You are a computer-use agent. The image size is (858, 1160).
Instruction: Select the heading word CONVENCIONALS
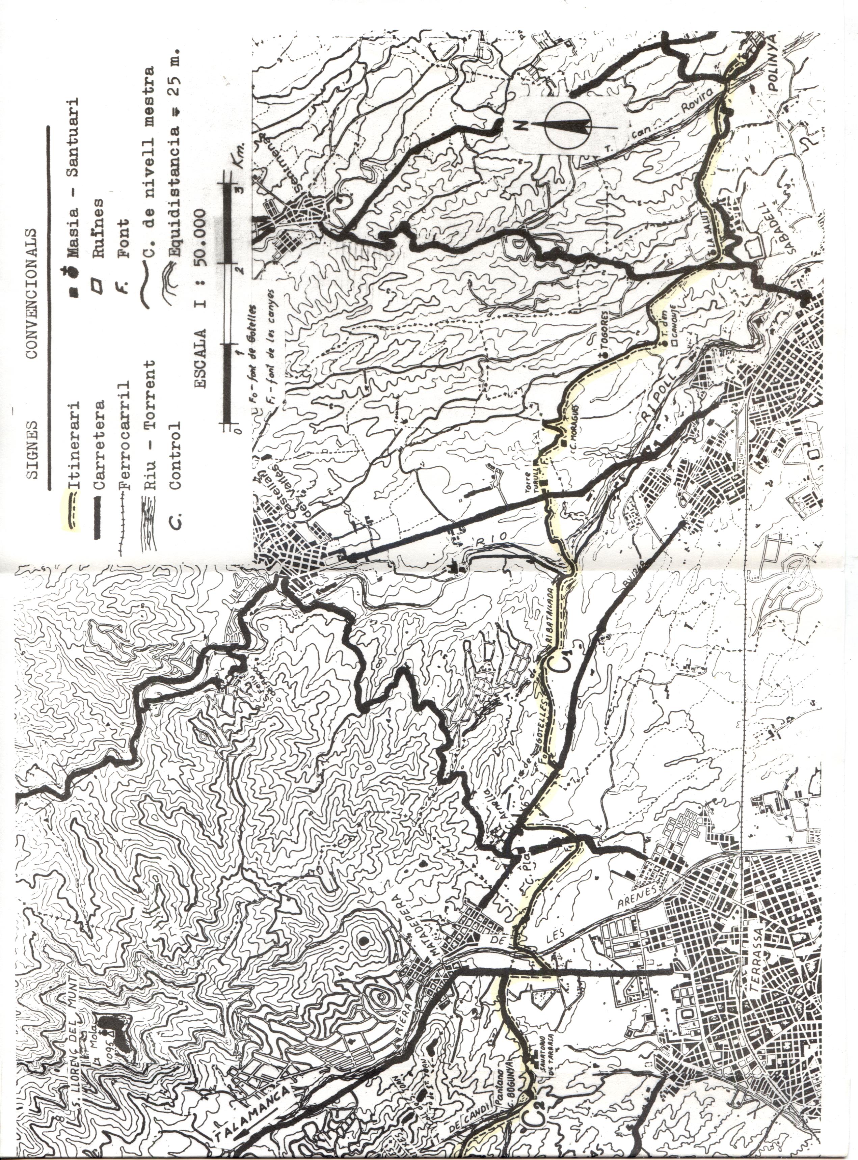tap(31, 293)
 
